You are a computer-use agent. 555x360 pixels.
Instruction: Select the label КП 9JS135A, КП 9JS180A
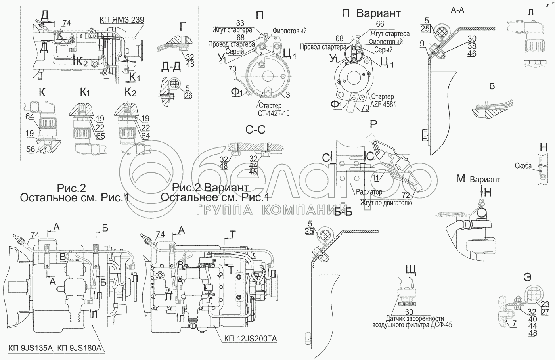55,349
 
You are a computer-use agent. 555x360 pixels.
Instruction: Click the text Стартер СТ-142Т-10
272,109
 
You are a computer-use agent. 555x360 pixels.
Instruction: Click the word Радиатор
369,192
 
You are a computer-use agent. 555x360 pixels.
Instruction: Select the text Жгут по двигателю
386,203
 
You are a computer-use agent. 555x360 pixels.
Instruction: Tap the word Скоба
523,166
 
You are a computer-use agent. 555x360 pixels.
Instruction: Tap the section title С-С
255,130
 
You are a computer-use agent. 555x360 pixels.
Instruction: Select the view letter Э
527,278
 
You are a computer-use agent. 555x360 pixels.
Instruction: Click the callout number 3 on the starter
288,95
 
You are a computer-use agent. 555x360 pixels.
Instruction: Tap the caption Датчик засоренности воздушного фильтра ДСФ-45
412,322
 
